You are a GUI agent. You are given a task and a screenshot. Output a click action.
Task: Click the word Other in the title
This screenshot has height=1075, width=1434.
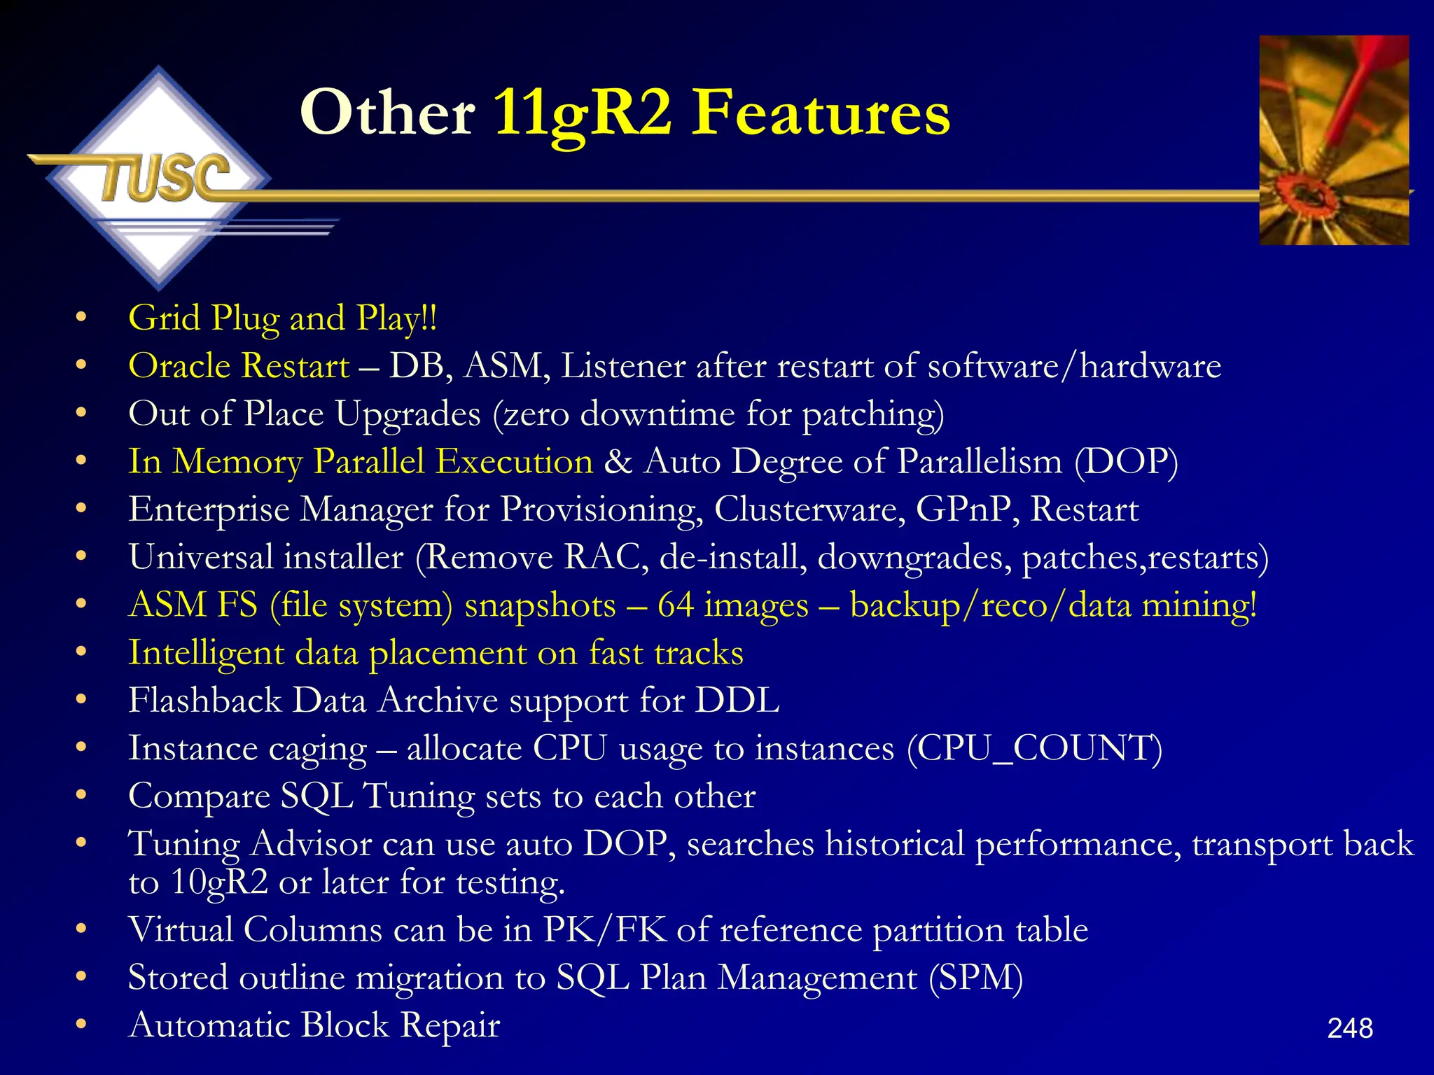387,113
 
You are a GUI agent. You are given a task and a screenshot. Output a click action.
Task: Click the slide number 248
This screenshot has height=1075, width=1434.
1350,1028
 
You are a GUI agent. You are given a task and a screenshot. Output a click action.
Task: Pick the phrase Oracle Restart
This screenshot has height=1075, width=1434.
239,366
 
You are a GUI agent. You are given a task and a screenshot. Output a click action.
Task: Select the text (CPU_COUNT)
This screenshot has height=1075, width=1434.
1034,748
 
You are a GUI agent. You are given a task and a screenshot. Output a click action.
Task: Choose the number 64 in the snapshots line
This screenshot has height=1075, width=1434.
676,605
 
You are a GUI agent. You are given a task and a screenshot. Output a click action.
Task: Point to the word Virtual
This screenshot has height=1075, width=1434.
181,930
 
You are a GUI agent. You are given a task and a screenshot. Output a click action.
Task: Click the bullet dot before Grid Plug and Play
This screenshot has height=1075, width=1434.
81,318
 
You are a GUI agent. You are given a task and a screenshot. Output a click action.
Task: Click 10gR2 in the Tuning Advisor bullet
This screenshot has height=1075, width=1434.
219,882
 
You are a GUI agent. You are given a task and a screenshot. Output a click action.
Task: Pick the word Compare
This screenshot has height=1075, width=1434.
200,796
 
